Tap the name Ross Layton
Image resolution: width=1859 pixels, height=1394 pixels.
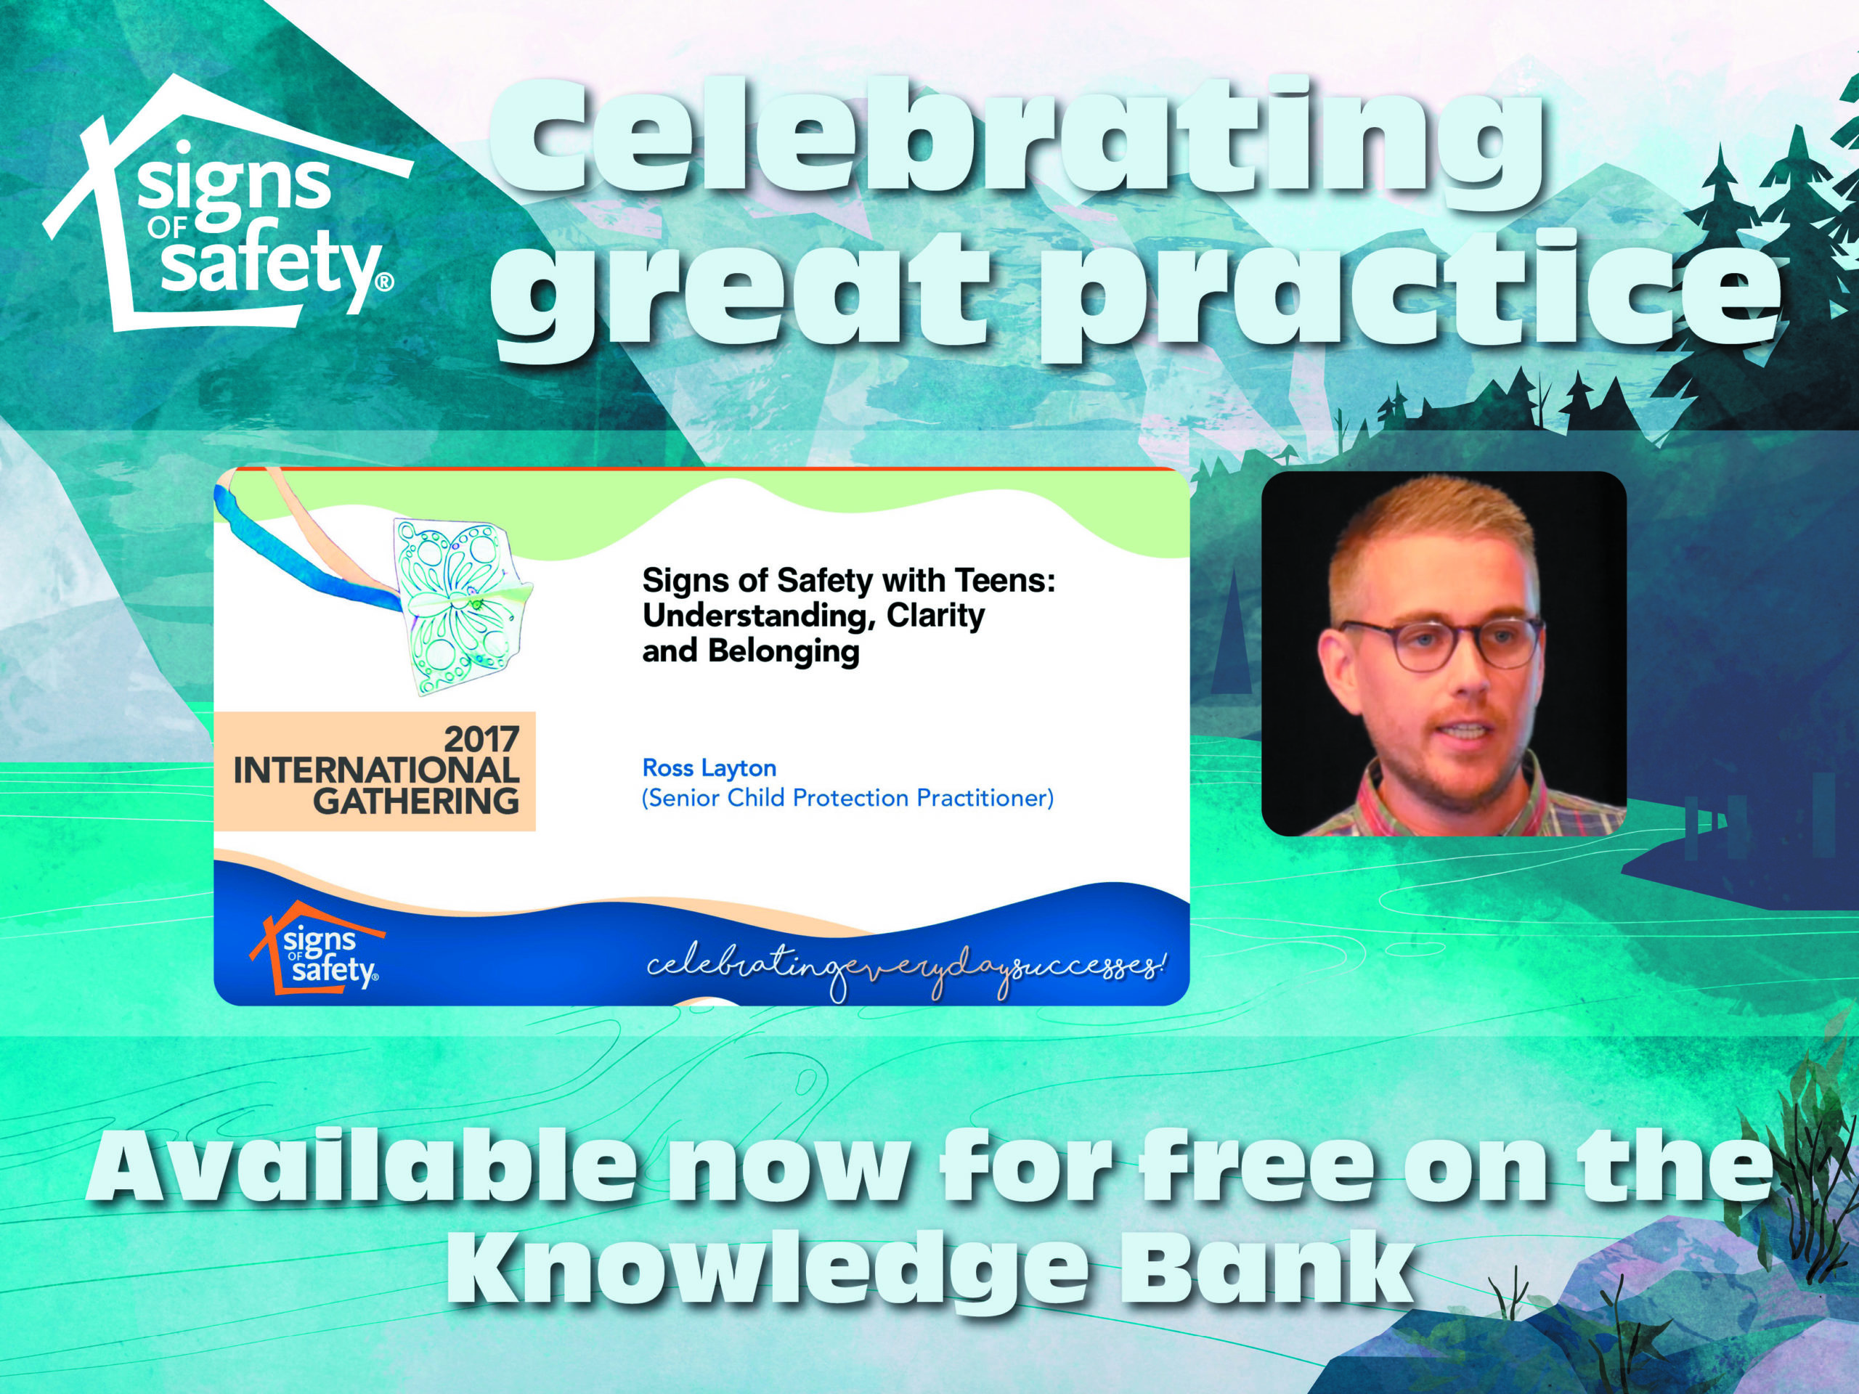pos(709,767)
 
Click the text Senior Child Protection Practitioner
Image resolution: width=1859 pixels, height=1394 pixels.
pos(847,797)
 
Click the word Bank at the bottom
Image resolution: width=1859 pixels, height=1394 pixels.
pos(1277,1273)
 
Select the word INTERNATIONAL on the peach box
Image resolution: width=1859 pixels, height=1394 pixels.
pos(375,770)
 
